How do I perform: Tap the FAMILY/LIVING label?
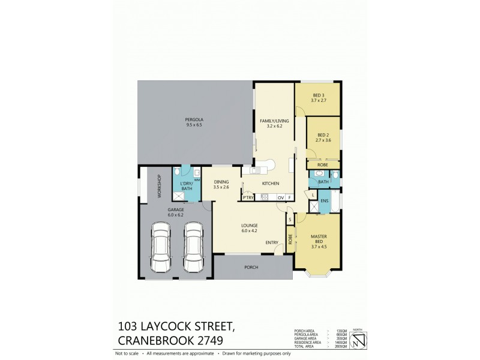click(x=274, y=121)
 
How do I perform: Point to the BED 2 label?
click(x=323, y=135)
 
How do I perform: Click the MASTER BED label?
click(x=319, y=238)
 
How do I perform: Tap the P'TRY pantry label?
click(x=247, y=197)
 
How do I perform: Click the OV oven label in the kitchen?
click(x=280, y=197)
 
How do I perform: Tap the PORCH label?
click(x=252, y=268)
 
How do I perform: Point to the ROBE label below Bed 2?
click(x=323, y=164)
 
